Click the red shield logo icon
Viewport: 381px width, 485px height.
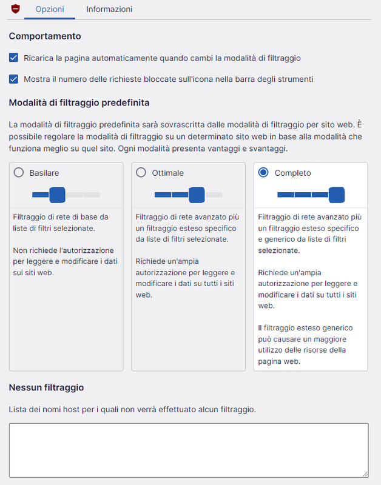point(16,9)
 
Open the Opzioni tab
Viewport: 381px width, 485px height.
point(50,10)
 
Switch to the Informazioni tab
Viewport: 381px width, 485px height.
point(109,10)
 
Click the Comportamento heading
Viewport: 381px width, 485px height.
point(45,36)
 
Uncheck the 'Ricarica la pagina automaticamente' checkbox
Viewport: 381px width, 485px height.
point(14,58)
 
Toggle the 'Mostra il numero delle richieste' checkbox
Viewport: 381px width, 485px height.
point(14,79)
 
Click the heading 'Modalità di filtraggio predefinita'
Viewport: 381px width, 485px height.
point(79,102)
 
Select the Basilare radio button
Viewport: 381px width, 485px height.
point(19,173)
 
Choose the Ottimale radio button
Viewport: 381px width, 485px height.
point(141,173)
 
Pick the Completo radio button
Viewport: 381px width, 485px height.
point(263,173)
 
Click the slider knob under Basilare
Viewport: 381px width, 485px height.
point(57,195)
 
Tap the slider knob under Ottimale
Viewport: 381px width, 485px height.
point(197,195)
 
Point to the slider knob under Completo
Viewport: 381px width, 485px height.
point(336,195)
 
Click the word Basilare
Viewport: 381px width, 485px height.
point(44,173)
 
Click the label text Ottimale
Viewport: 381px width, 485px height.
point(168,173)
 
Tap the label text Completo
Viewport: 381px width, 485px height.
point(292,173)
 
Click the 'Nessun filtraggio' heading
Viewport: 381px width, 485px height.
point(46,387)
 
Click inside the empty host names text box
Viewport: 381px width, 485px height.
point(188,450)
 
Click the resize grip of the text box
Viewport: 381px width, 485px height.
point(365,473)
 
